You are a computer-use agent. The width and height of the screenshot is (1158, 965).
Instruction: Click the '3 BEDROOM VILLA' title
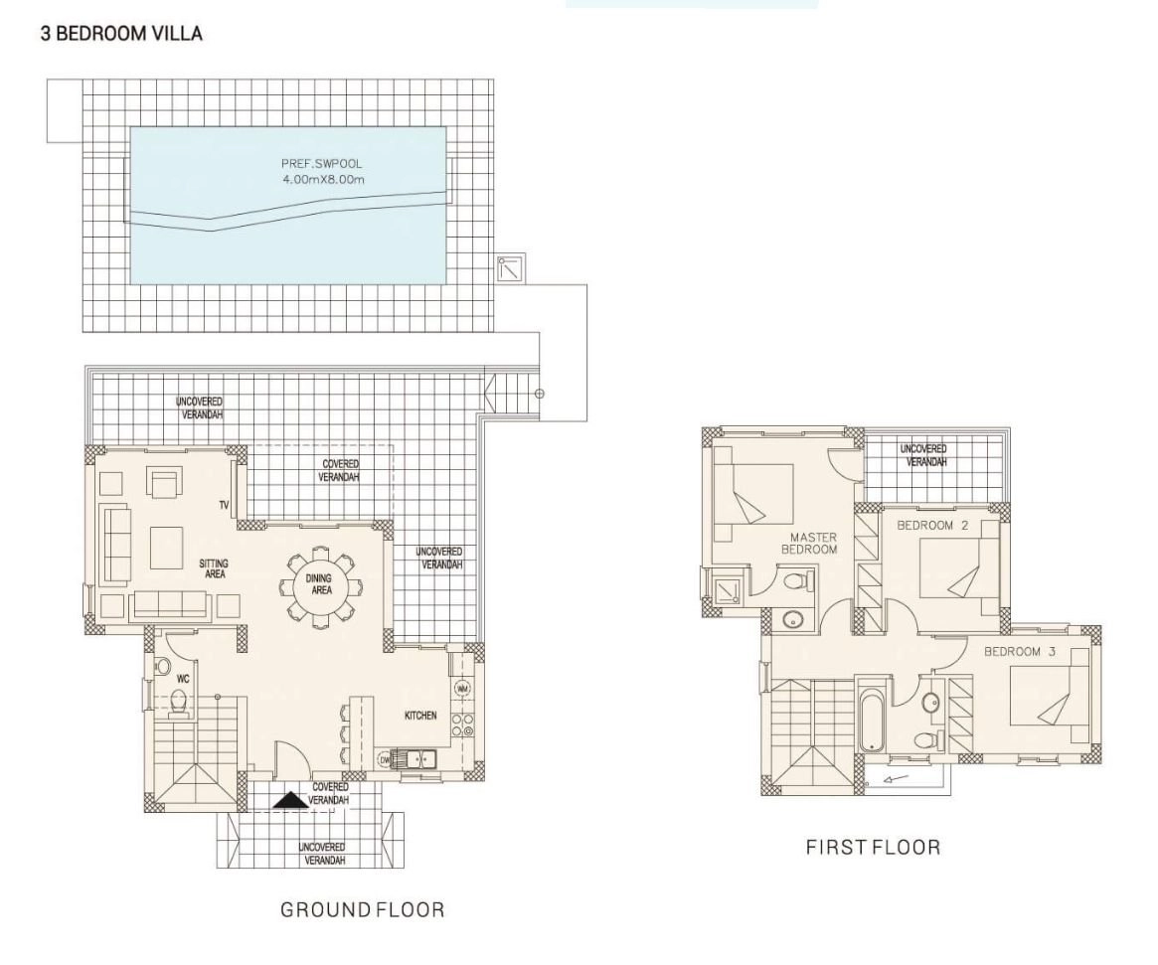point(121,34)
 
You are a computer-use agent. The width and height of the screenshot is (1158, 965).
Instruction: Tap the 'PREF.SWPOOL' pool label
point(322,164)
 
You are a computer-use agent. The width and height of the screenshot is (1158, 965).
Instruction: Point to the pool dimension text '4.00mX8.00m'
point(323,180)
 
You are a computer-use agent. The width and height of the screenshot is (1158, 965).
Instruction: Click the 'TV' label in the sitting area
point(224,505)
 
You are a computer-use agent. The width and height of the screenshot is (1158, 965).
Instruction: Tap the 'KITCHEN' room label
point(420,716)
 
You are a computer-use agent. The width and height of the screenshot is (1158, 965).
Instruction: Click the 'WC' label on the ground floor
point(183,679)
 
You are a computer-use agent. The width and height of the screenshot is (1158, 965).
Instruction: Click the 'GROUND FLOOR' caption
point(363,909)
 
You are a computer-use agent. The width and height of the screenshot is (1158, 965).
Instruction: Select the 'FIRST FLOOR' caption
point(874,847)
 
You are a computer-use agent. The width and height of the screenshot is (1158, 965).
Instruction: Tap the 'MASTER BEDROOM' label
point(810,544)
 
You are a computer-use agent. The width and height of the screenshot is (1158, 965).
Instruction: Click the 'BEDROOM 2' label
point(932,526)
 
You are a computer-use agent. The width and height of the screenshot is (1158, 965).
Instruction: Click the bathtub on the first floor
point(872,720)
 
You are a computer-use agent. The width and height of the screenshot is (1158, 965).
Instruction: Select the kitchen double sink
point(414,758)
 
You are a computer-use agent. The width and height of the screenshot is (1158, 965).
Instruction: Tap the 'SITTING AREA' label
point(214,568)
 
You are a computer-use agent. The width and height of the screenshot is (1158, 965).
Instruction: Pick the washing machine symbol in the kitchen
point(462,689)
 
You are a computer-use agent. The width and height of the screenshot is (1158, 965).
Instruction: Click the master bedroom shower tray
point(726,590)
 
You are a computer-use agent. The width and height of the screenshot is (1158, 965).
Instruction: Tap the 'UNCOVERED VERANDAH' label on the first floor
point(923,455)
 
